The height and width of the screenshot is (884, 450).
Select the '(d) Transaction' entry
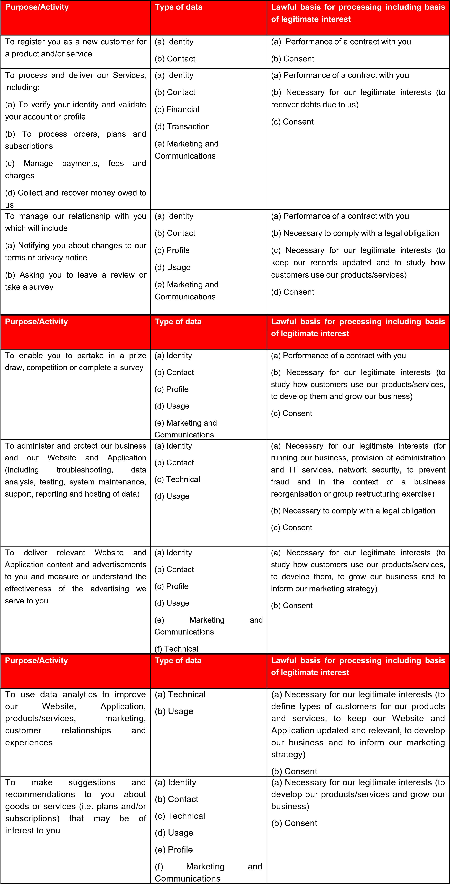tap(182, 127)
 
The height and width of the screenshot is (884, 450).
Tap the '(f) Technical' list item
tap(176, 649)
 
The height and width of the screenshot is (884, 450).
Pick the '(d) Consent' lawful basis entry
tap(293, 292)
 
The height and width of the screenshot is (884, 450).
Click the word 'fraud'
tap(280, 482)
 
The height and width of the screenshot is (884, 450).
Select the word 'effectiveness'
tap(28, 589)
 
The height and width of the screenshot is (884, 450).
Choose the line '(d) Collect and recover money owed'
tap(76, 193)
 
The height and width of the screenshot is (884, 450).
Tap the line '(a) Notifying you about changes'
tap(76, 246)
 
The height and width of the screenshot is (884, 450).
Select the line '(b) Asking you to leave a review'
tap(76, 275)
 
